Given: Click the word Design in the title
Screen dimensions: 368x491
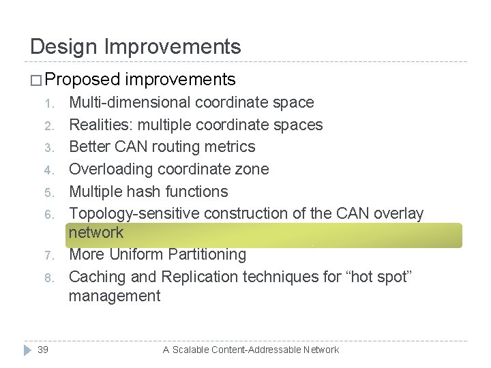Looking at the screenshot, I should tap(65, 47).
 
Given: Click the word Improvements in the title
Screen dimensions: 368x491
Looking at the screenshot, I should tap(173, 47).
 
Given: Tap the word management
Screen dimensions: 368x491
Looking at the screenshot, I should tap(115, 296).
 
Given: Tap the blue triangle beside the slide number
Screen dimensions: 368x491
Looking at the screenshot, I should tap(27, 350).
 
